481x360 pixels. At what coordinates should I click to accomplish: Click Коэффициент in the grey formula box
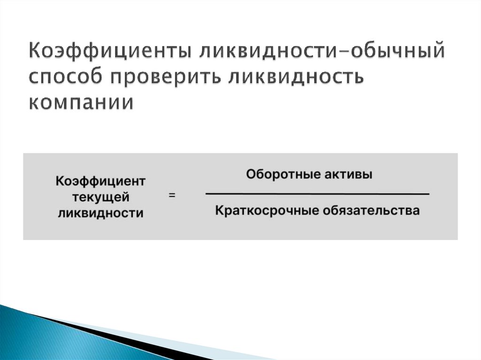pyautogui.click(x=101, y=181)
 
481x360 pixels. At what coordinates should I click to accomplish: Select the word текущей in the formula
pyautogui.click(x=101, y=197)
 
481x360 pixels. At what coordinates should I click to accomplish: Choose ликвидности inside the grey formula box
pyautogui.click(x=101, y=213)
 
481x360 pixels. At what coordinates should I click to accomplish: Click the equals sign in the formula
pyautogui.click(x=172, y=196)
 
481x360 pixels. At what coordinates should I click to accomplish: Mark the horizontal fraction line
pyautogui.click(x=317, y=193)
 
